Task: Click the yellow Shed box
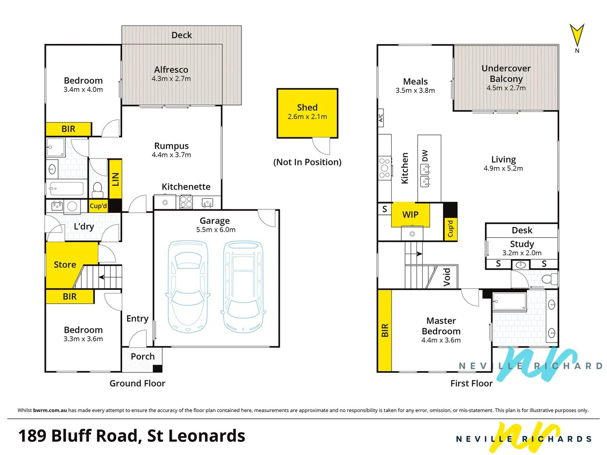pyautogui.click(x=307, y=113)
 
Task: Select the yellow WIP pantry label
pyautogui.click(x=410, y=215)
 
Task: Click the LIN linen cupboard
pyautogui.click(x=115, y=179)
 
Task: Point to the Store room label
pyautogui.click(x=65, y=265)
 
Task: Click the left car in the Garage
pyautogui.click(x=188, y=286)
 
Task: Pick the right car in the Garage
pyautogui.click(x=243, y=286)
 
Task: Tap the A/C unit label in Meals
pyautogui.click(x=381, y=118)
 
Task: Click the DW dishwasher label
pyautogui.click(x=425, y=156)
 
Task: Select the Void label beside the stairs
pyautogui.click(x=447, y=277)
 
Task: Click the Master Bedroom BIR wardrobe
pyautogui.click(x=384, y=330)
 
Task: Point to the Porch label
pyautogui.click(x=142, y=356)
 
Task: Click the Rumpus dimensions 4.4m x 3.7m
pyautogui.click(x=171, y=155)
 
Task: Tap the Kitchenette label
pyautogui.click(x=186, y=187)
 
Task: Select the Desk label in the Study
pyautogui.click(x=522, y=230)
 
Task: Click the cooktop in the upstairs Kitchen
pyautogui.click(x=384, y=168)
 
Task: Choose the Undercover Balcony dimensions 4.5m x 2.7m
pyautogui.click(x=506, y=88)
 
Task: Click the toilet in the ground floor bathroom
pyautogui.click(x=97, y=189)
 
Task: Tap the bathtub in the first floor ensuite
pyautogui.click(x=509, y=302)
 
